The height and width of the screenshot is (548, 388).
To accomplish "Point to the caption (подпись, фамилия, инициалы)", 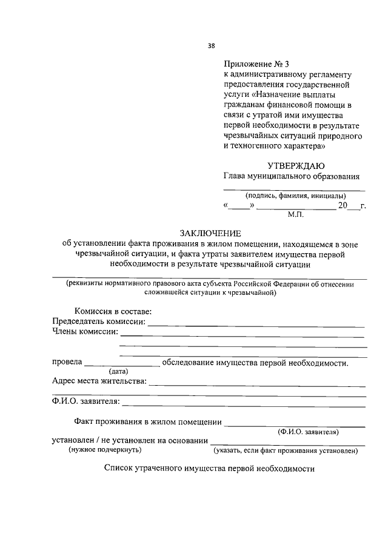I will tap(295, 196).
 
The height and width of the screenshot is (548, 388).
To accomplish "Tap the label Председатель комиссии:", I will tap(99, 321).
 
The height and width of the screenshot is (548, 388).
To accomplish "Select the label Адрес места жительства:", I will tap(99, 381).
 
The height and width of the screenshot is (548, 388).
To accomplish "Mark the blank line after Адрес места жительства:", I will tap(256, 385).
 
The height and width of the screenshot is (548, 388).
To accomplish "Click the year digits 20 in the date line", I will tap(343, 206).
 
